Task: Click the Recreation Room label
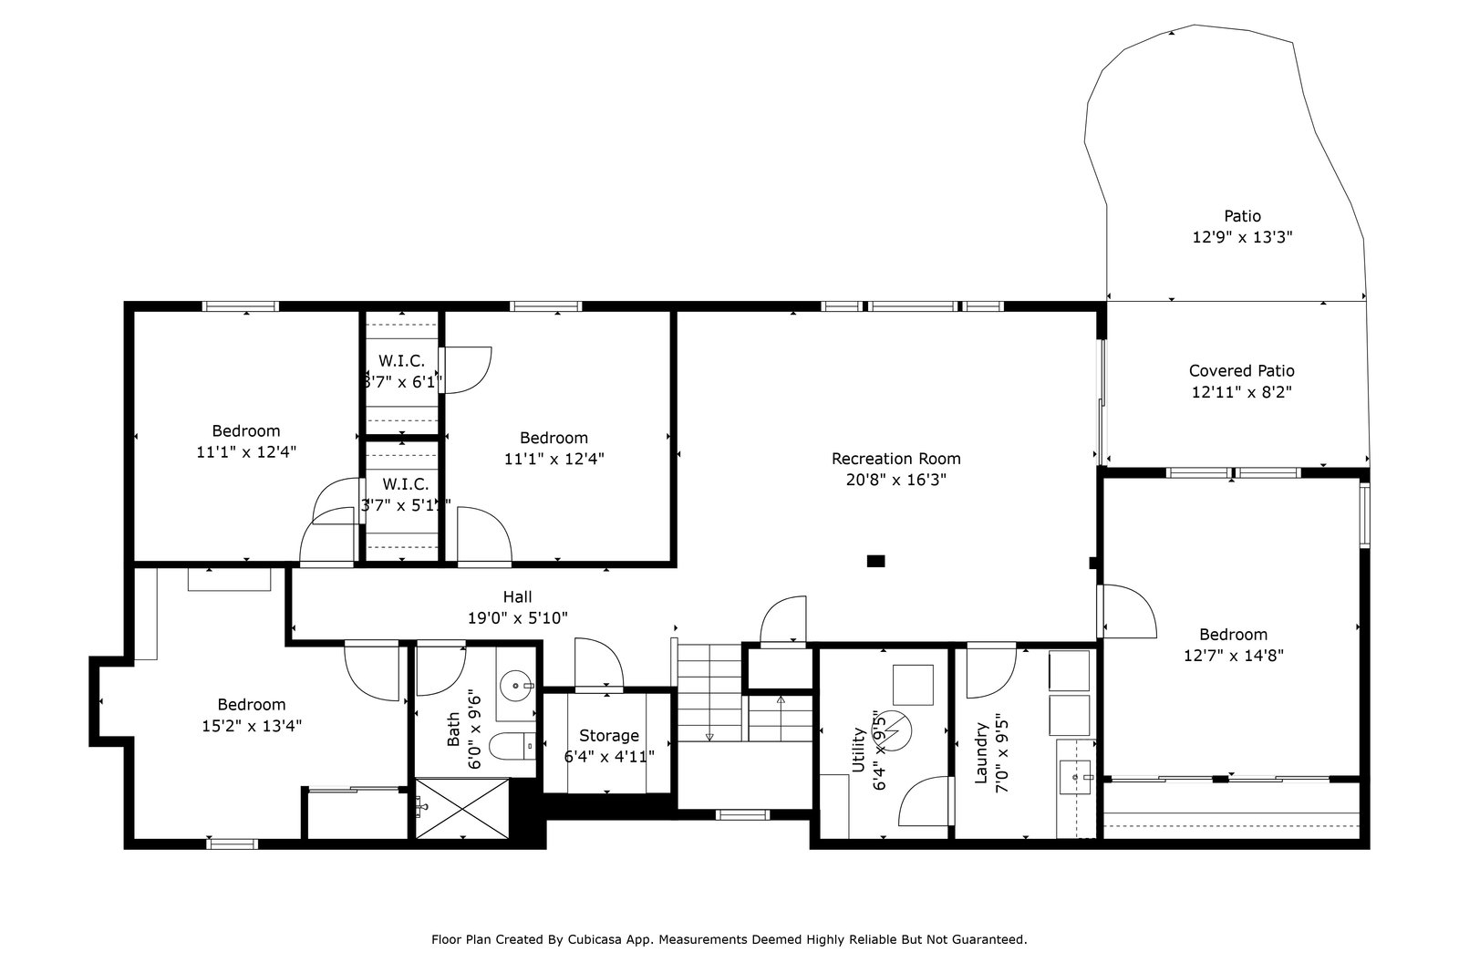(895, 459)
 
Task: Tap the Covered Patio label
(1241, 370)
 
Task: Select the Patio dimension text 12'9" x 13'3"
(1242, 237)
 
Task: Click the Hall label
(517, 596)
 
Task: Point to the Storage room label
(609, 736)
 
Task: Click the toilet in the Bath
(512, 746)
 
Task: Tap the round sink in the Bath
(516, 686)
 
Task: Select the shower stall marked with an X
(461, 808)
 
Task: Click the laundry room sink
(1076, 777)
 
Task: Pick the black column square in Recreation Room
(876, 561)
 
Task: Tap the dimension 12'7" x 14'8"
(1233, 656)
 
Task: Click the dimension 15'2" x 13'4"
(252, 726)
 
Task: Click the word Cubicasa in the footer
(595, 940)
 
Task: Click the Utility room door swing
(925, 801)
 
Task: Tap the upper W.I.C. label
(401, 361)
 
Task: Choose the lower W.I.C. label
(405, 484)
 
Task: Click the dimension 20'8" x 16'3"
(895, 480)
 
